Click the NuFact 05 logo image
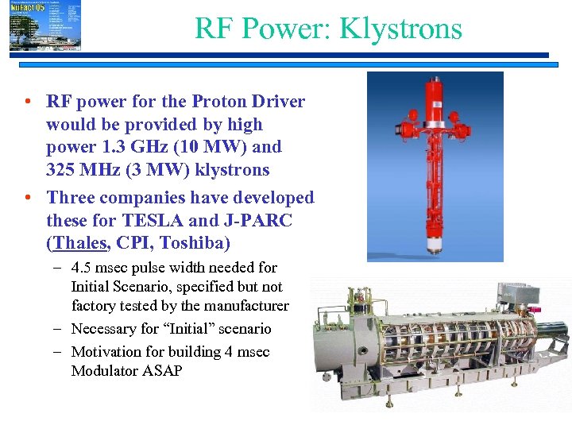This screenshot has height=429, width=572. pyautogui.click(x=44, y=26)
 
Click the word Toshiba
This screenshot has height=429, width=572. pyautogui.click(x=202, y=243)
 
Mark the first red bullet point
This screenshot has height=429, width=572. pyautogui.click(x=28, y=102)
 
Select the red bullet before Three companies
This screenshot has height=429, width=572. pyautogui.click(x=28, y=198)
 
